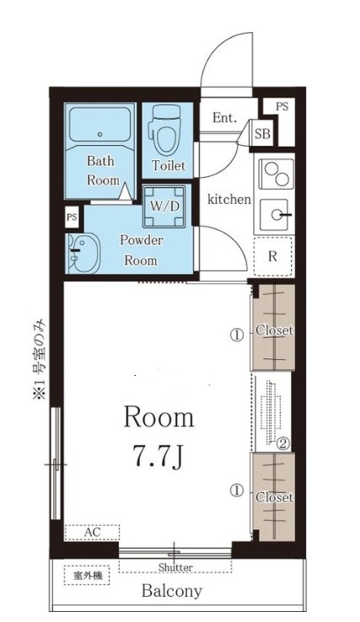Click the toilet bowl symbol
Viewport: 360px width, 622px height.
coord(164,130)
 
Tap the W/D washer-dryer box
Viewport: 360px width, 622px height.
coord(164,206)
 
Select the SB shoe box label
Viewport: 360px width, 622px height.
coord(262,134)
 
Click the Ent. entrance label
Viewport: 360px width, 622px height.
coord(224,117)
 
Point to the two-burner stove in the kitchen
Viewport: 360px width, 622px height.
coord(277,174)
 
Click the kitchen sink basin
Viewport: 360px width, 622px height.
coord(276,215)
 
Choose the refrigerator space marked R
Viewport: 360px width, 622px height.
coord(273,257)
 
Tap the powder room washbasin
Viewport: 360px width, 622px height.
coord(83,253)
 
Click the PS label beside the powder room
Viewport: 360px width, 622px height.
coord(72,217)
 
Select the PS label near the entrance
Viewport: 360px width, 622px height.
coord(282,106)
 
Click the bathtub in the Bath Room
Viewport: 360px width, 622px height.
coord(99,123)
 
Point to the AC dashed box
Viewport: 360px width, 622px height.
coord(92,533)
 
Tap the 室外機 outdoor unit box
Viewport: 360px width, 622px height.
coord(87,575)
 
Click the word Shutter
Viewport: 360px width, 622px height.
coord(175,567)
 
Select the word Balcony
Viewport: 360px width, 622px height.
coord(172,591)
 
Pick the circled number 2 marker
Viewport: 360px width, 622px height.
coord(283,443)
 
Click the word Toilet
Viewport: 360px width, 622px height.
coord(169,165)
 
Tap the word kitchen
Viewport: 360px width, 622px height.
coord(229,199)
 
